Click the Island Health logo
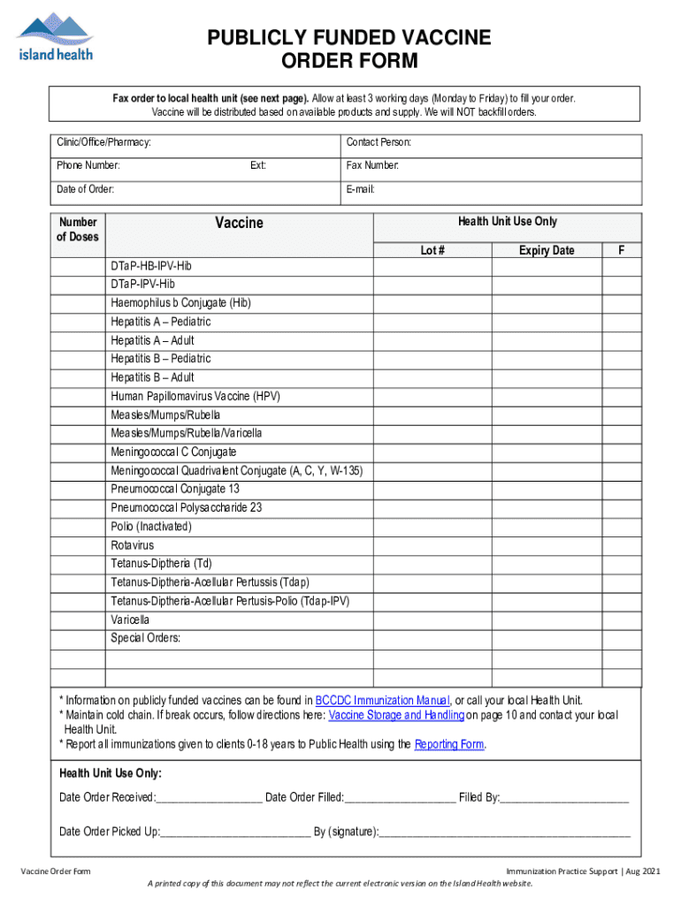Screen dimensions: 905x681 click(x=54, y=37)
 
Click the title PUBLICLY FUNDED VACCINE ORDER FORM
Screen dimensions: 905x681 click(x=348, y=49)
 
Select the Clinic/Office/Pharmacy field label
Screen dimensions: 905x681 click(x=103, y=142)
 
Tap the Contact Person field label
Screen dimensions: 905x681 click(x=379, y=142)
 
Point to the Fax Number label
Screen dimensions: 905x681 click(x=372, y=165)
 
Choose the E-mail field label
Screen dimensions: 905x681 click(x=361, y=189)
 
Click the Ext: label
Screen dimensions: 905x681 click(x=258, y=165)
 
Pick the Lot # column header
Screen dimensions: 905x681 click(x=432, y=251)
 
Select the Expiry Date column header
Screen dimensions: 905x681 click(x=546, y=251)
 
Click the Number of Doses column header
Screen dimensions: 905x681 click(x=78, y=230)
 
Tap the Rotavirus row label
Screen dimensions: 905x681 click(x=133, y=545)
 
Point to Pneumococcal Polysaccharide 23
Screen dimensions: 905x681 click(x=186, y=508)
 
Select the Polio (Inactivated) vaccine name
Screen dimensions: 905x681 click(x=150, y=527)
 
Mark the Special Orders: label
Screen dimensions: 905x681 click(x=146, y=638)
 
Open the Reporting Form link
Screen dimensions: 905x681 click(x=449, y=744)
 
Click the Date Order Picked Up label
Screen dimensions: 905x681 click(x=110, y=832)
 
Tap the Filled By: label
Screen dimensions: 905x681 click(x=478, y=798)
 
